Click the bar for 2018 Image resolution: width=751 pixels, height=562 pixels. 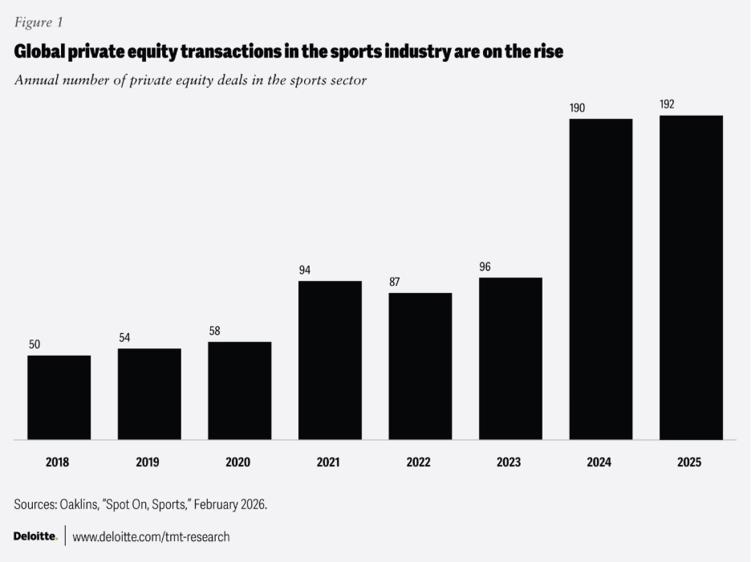59,397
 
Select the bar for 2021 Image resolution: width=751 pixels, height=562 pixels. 330,360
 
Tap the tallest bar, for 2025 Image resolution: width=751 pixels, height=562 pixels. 691,278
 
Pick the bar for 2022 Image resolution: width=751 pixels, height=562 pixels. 420,366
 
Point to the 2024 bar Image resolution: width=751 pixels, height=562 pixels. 601,279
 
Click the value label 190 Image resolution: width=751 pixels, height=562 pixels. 577,108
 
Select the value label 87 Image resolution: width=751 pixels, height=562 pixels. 394,282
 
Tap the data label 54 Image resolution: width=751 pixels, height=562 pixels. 124,337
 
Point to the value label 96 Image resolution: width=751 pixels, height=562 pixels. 485,267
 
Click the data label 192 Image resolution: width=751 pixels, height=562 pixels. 667,104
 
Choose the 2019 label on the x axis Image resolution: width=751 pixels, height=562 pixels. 148,462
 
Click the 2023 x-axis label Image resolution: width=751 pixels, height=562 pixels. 509,462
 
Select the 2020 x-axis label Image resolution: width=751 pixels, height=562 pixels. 238,462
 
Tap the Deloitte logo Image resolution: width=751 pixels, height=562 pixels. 35,536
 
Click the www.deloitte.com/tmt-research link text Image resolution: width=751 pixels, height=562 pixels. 151,536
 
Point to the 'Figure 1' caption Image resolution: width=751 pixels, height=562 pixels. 39,22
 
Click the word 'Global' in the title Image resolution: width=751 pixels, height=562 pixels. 39,51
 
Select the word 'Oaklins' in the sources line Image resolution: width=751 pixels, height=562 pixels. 78,504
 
